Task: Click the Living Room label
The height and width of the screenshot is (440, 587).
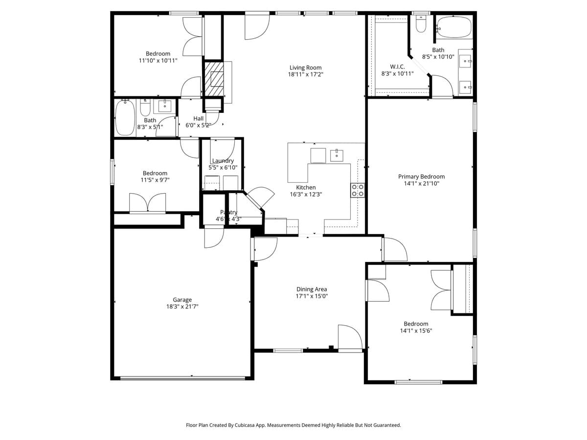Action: pos(305,68)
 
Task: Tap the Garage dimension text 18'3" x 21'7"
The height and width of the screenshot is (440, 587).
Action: pos(182,307)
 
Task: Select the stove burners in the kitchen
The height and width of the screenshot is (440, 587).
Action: pos(358,190)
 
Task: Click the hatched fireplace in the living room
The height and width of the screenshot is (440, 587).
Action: pos(214,78)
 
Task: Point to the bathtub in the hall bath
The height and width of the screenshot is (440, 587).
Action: pos(125,118)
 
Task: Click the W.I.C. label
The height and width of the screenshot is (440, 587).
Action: pos(397,66)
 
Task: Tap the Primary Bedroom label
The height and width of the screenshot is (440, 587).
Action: pos(421,176)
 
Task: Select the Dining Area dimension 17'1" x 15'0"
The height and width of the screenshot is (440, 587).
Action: pos(312,296)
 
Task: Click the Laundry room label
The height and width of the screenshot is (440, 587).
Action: pos(223,161)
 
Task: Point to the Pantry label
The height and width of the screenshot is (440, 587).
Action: pos(228,212)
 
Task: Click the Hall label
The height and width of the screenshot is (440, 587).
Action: pos(198,118)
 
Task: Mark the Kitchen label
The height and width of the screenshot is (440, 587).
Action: pos(306,187)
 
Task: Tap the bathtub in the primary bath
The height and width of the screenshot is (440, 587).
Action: pos(453,27)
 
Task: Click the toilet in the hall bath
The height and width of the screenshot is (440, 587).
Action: pos(145,107)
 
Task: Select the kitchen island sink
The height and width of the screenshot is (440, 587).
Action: pos(337,155)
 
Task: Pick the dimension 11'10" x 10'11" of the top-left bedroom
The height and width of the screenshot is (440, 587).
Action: pos(158,61)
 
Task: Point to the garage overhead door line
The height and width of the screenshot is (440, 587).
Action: pos(182,378)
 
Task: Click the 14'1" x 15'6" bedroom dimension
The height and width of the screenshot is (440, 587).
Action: pos(416,330)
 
